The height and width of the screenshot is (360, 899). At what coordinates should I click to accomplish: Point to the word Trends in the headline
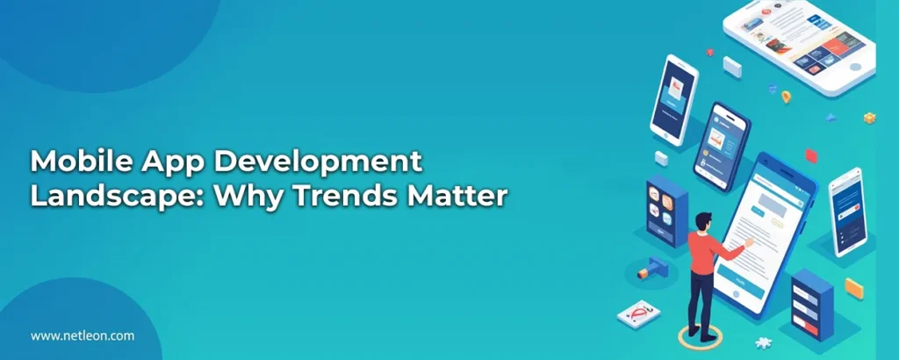[341, 196]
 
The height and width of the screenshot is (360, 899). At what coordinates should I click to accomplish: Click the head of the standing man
[701, 220]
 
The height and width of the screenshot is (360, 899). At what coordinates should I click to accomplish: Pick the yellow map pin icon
[786, 97]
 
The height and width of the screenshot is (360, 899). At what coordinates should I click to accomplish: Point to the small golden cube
[869, 118]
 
